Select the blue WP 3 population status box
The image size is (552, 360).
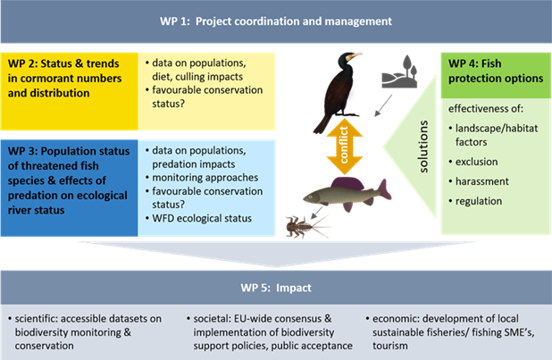(71, 175)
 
